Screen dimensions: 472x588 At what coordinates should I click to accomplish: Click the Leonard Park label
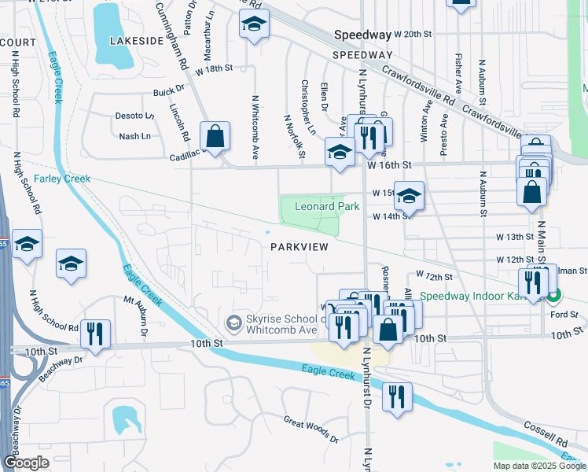click(326, 207)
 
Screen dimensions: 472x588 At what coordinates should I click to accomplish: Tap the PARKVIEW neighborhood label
click(299, 246)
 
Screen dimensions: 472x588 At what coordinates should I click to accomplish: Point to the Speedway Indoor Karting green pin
click(555, 296)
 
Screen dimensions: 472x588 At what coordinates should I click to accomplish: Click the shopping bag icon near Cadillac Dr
click(214, 137)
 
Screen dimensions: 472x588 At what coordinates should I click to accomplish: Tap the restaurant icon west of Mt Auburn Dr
click(94, 334)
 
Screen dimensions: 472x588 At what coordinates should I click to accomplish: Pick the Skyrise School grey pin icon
click(233, 323)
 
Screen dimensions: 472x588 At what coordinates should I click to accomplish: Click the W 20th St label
click(414, 35)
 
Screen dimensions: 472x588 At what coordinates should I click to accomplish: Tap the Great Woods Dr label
click(311, 430)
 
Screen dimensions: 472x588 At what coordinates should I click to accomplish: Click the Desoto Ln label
click(134, 116)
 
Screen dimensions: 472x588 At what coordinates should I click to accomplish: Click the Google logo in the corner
click(26, 463)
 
